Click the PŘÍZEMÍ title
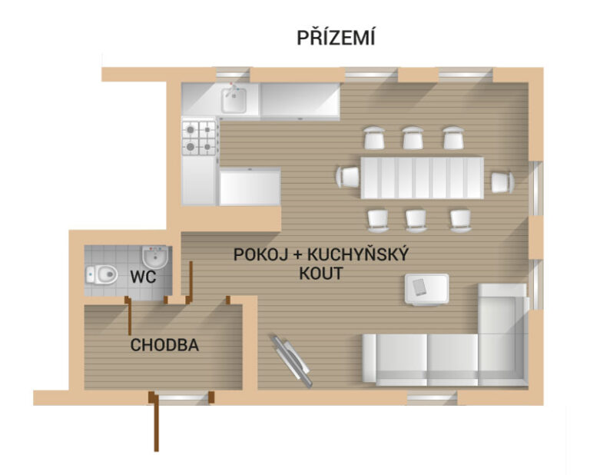pos(336,37)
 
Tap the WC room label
pos(143,277)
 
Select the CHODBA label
pos(164,345)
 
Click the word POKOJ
pos(260,255)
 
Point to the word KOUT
pos(321,274)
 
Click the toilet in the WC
pos(101,274)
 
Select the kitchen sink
pos(234,99)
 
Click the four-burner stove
pos(199,138)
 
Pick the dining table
pos(422,178)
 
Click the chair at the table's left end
pos(347,177)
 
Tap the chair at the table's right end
pos(502,182)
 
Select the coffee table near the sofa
pos(426,290)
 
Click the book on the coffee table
pos(419,287)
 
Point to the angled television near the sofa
pos(292,361)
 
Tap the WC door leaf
pos(129,316)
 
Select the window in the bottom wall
pos(432,398)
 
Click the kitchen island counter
pos(250,186)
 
